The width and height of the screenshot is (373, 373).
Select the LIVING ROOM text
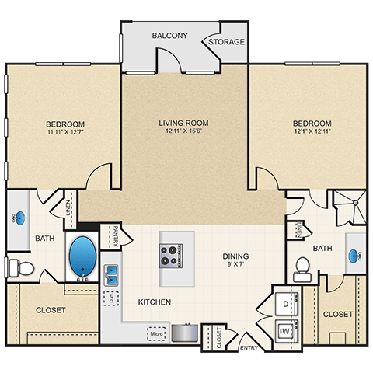click(184, 122)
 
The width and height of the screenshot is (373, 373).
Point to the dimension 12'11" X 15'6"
click(184, 132)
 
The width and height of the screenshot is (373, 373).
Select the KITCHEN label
click(154, 302)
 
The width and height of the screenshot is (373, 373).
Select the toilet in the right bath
click(304, 269)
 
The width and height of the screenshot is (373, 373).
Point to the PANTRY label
click(113, 235)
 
